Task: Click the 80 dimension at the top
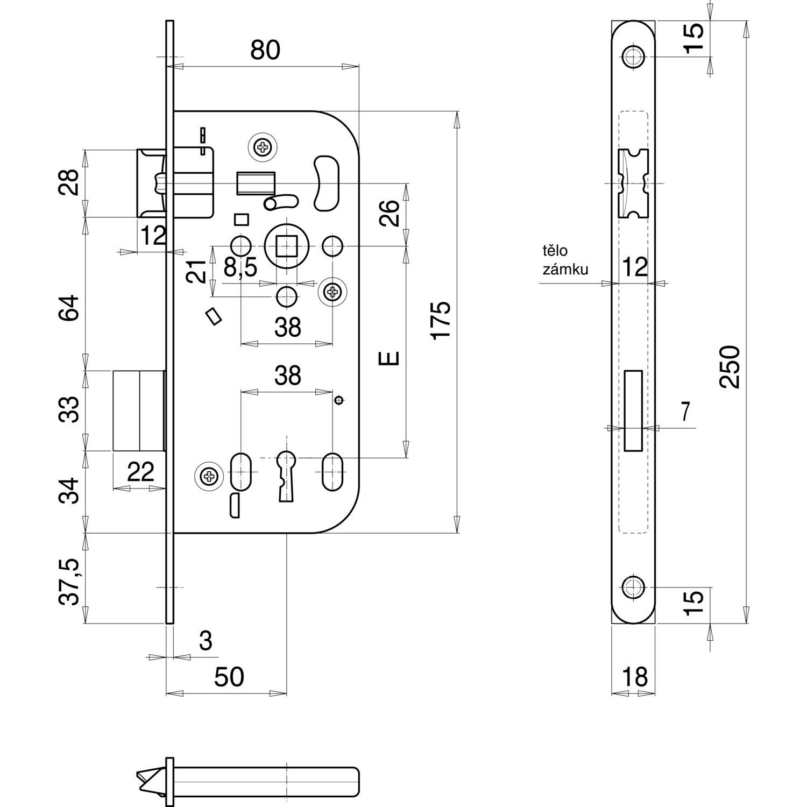265,50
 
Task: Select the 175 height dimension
441,320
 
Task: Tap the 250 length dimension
730,367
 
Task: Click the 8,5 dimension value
240,267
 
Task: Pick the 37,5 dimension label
69,582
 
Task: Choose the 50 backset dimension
229,677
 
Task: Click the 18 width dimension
635,677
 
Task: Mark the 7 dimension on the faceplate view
685,412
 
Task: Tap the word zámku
565,270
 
